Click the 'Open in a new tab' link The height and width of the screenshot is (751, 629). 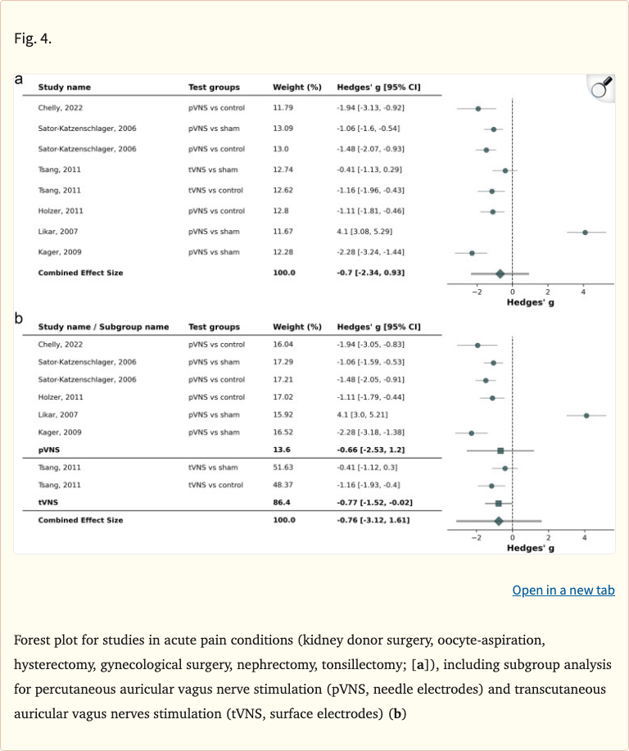[563, 590]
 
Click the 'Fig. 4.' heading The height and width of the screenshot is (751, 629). [34, 38]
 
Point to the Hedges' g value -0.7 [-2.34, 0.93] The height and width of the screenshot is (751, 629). [370, 273]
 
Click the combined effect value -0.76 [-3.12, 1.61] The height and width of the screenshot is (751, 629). [373, 520]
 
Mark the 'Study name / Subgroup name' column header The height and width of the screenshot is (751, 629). [103, 327]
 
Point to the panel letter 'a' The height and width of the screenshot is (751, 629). [20, 79]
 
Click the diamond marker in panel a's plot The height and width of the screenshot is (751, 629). [500, 274]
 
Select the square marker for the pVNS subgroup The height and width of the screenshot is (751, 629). [500, 450]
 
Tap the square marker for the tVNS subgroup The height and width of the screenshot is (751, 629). [498, 503]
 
